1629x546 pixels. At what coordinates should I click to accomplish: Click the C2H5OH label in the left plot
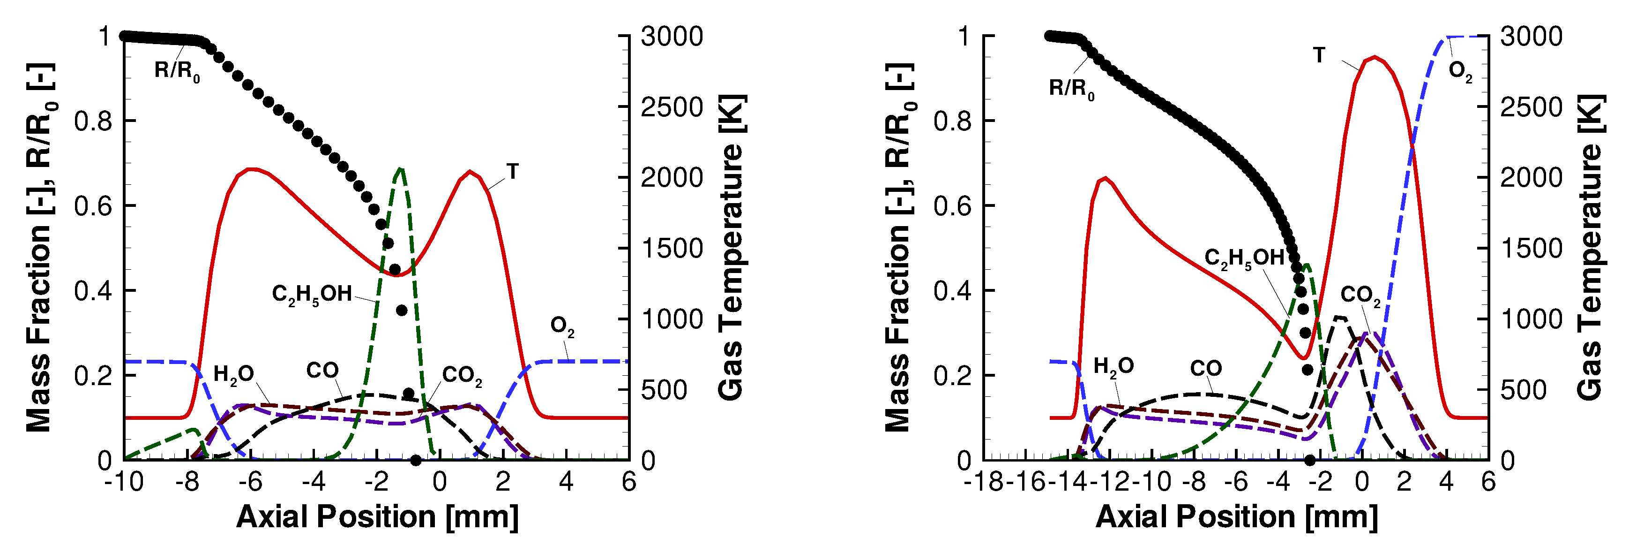click(312, 294)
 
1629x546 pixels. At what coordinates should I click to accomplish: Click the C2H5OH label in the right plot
click(1244, 258)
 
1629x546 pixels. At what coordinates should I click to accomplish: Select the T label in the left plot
click(512, 172)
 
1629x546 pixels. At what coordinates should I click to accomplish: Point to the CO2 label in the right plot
click(1360, 296)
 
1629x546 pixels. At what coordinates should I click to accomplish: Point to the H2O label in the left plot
click(233, 374)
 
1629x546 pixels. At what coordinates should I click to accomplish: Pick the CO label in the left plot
click(322, 371)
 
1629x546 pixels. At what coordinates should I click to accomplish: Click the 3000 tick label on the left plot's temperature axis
click(672, 37)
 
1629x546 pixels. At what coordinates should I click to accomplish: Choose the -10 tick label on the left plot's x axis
click(124, 483)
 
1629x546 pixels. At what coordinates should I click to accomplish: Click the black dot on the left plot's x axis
click(416, 460)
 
